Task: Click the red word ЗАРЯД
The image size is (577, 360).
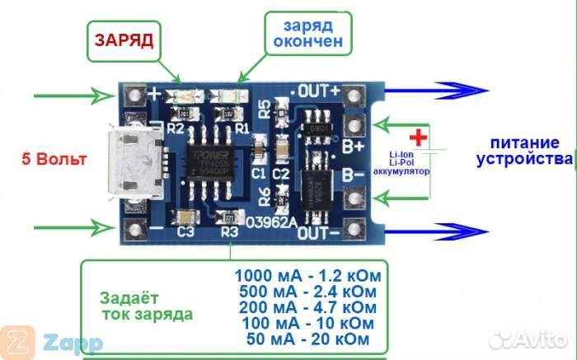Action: (x=123, y=40)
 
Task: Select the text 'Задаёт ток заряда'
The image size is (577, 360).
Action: (x=147, y=306)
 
